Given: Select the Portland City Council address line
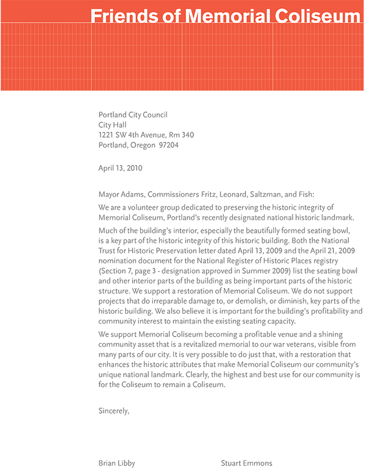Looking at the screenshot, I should click(x=133, y=115).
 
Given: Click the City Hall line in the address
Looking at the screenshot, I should click(x=112, y=125).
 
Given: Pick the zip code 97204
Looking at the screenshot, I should click(x=168, y=145).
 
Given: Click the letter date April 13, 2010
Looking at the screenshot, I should click(x=120, y=169).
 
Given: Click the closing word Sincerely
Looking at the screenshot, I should click(x=113, y=410).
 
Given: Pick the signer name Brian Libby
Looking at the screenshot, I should click(x=117, y=463).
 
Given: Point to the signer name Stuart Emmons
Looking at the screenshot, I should click(x=246, y=463).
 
